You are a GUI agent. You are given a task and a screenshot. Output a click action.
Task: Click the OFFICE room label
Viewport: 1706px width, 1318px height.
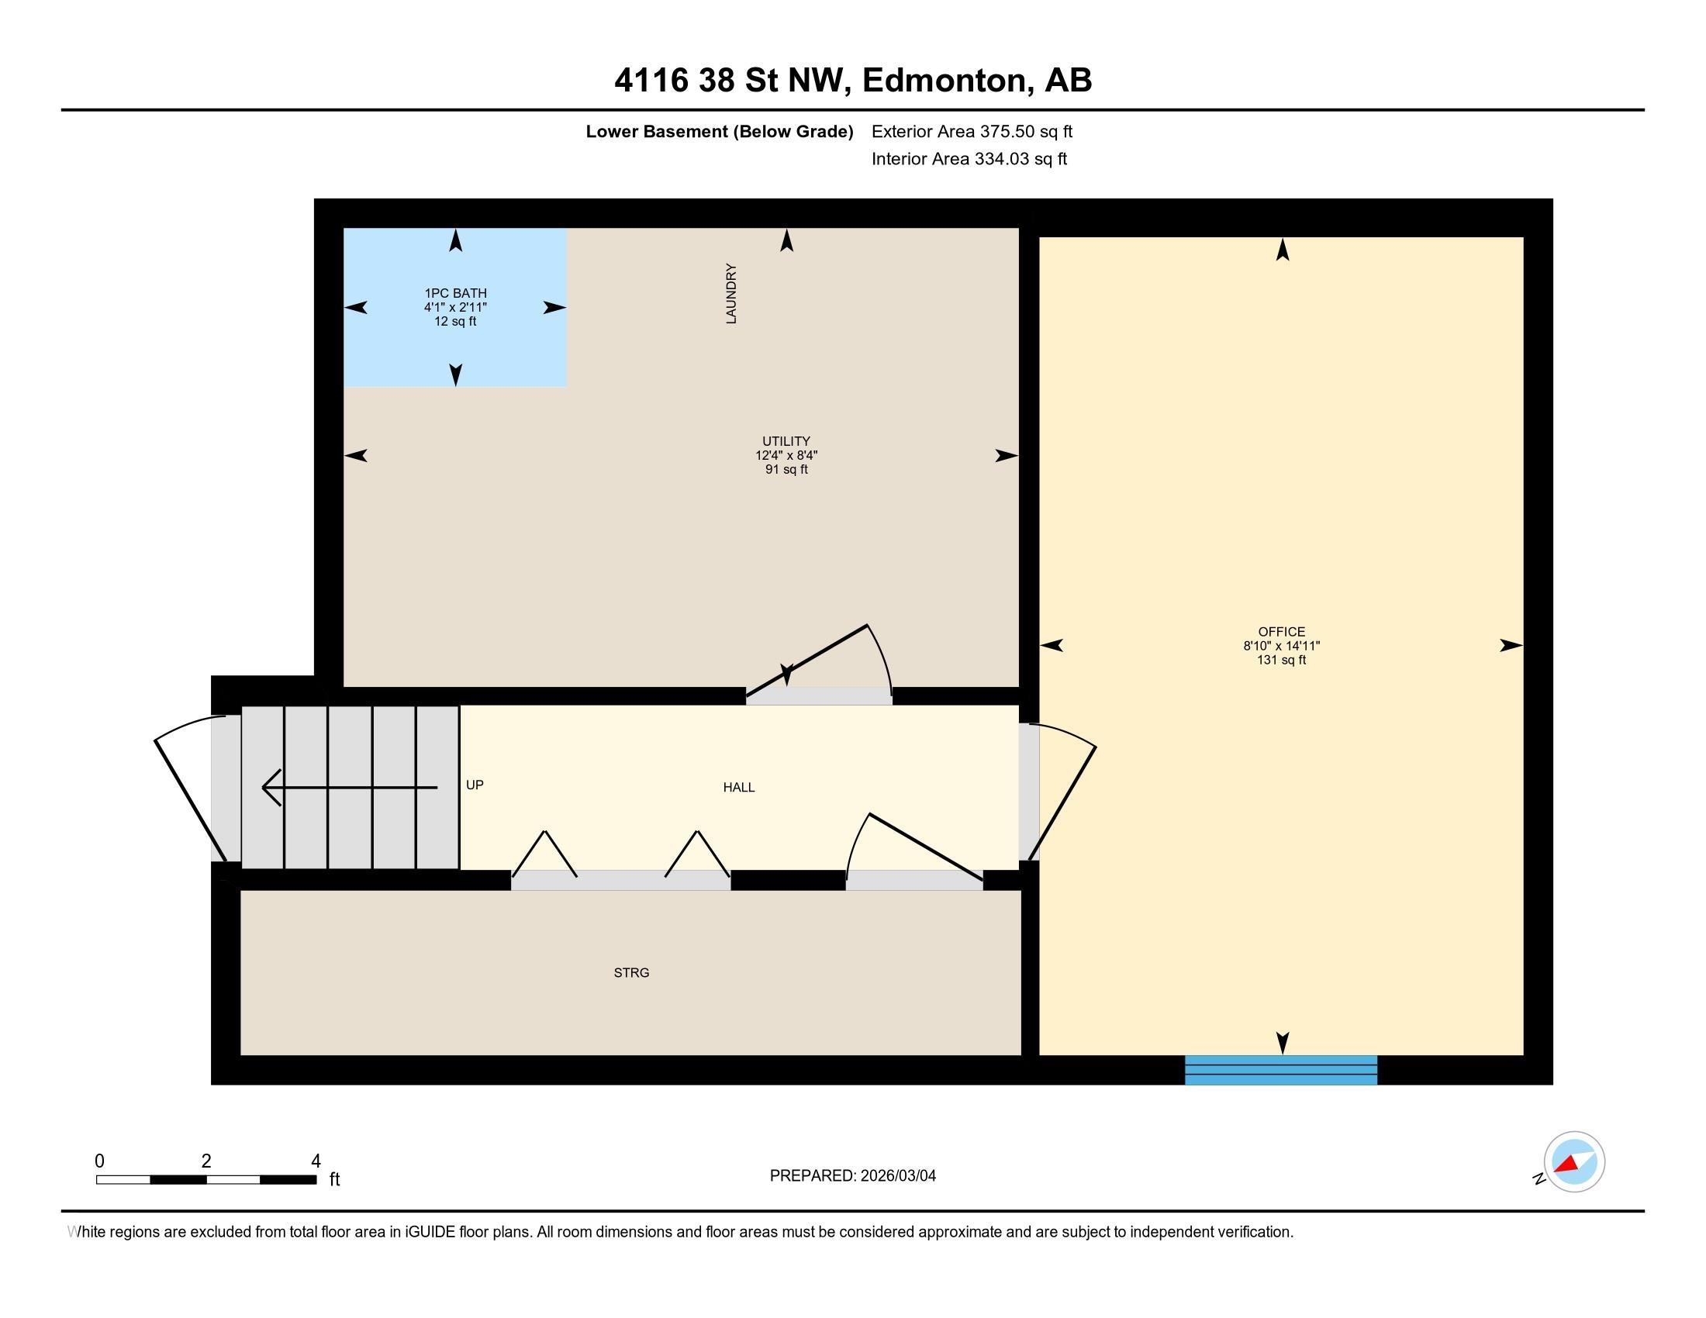point(1281,632)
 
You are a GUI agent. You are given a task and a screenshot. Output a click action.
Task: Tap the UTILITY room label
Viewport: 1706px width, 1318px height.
point(786,441)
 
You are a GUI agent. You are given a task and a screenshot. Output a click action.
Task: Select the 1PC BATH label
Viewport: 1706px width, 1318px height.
point(455,294)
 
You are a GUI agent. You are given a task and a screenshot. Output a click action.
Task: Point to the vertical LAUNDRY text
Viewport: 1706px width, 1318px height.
point(731,294)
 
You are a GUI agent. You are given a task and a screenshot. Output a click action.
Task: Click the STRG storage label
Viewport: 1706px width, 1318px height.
point(631,973)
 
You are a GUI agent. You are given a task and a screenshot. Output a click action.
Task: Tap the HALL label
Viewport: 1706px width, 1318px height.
point(738,787)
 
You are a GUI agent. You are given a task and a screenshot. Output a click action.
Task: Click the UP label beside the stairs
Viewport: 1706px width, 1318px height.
point(474,785)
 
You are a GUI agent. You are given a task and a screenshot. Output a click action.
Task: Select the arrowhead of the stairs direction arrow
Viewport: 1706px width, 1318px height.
point(271,788)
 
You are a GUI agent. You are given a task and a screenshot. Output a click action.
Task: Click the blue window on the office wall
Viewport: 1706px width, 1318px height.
point(1281,1070)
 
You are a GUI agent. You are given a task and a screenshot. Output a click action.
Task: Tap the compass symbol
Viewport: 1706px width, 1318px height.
point(1573,1162)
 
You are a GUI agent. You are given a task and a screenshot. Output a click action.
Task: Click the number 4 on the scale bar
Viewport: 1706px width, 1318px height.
point(316,1161)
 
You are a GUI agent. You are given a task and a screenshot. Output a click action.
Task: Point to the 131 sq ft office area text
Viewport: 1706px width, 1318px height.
point(1281,660)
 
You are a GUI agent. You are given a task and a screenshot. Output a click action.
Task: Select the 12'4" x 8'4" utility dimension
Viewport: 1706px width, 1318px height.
point(786,455)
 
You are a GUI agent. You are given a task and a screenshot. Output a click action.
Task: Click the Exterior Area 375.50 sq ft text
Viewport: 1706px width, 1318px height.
point(972,131)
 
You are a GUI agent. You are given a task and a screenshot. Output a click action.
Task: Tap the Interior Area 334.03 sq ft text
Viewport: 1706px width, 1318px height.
point(969,158)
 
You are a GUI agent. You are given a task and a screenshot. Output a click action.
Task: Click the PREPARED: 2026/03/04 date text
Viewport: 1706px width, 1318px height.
point(852,1176)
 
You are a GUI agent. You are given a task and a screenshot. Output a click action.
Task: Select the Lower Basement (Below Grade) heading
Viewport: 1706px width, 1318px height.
point(720,131)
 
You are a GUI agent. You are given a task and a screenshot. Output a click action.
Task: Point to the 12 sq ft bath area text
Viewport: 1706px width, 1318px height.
point(455,322)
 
